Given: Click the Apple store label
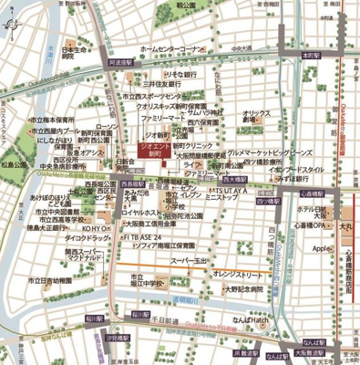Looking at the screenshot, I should pyautogui.click(x=320, y=247).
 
